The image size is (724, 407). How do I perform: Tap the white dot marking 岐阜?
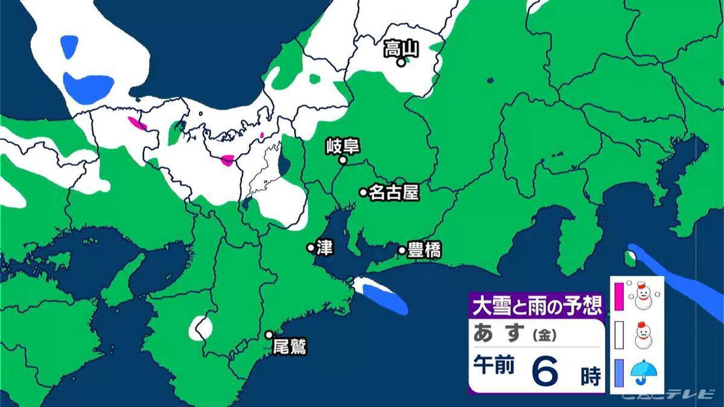[x=342, y=160]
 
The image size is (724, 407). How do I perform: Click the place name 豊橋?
[x=424, y=250]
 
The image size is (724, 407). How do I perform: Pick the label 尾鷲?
[x=290, y=347]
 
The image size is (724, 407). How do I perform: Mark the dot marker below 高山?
[x=400, y=62]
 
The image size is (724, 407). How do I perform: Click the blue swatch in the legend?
[x=618, y=374]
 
